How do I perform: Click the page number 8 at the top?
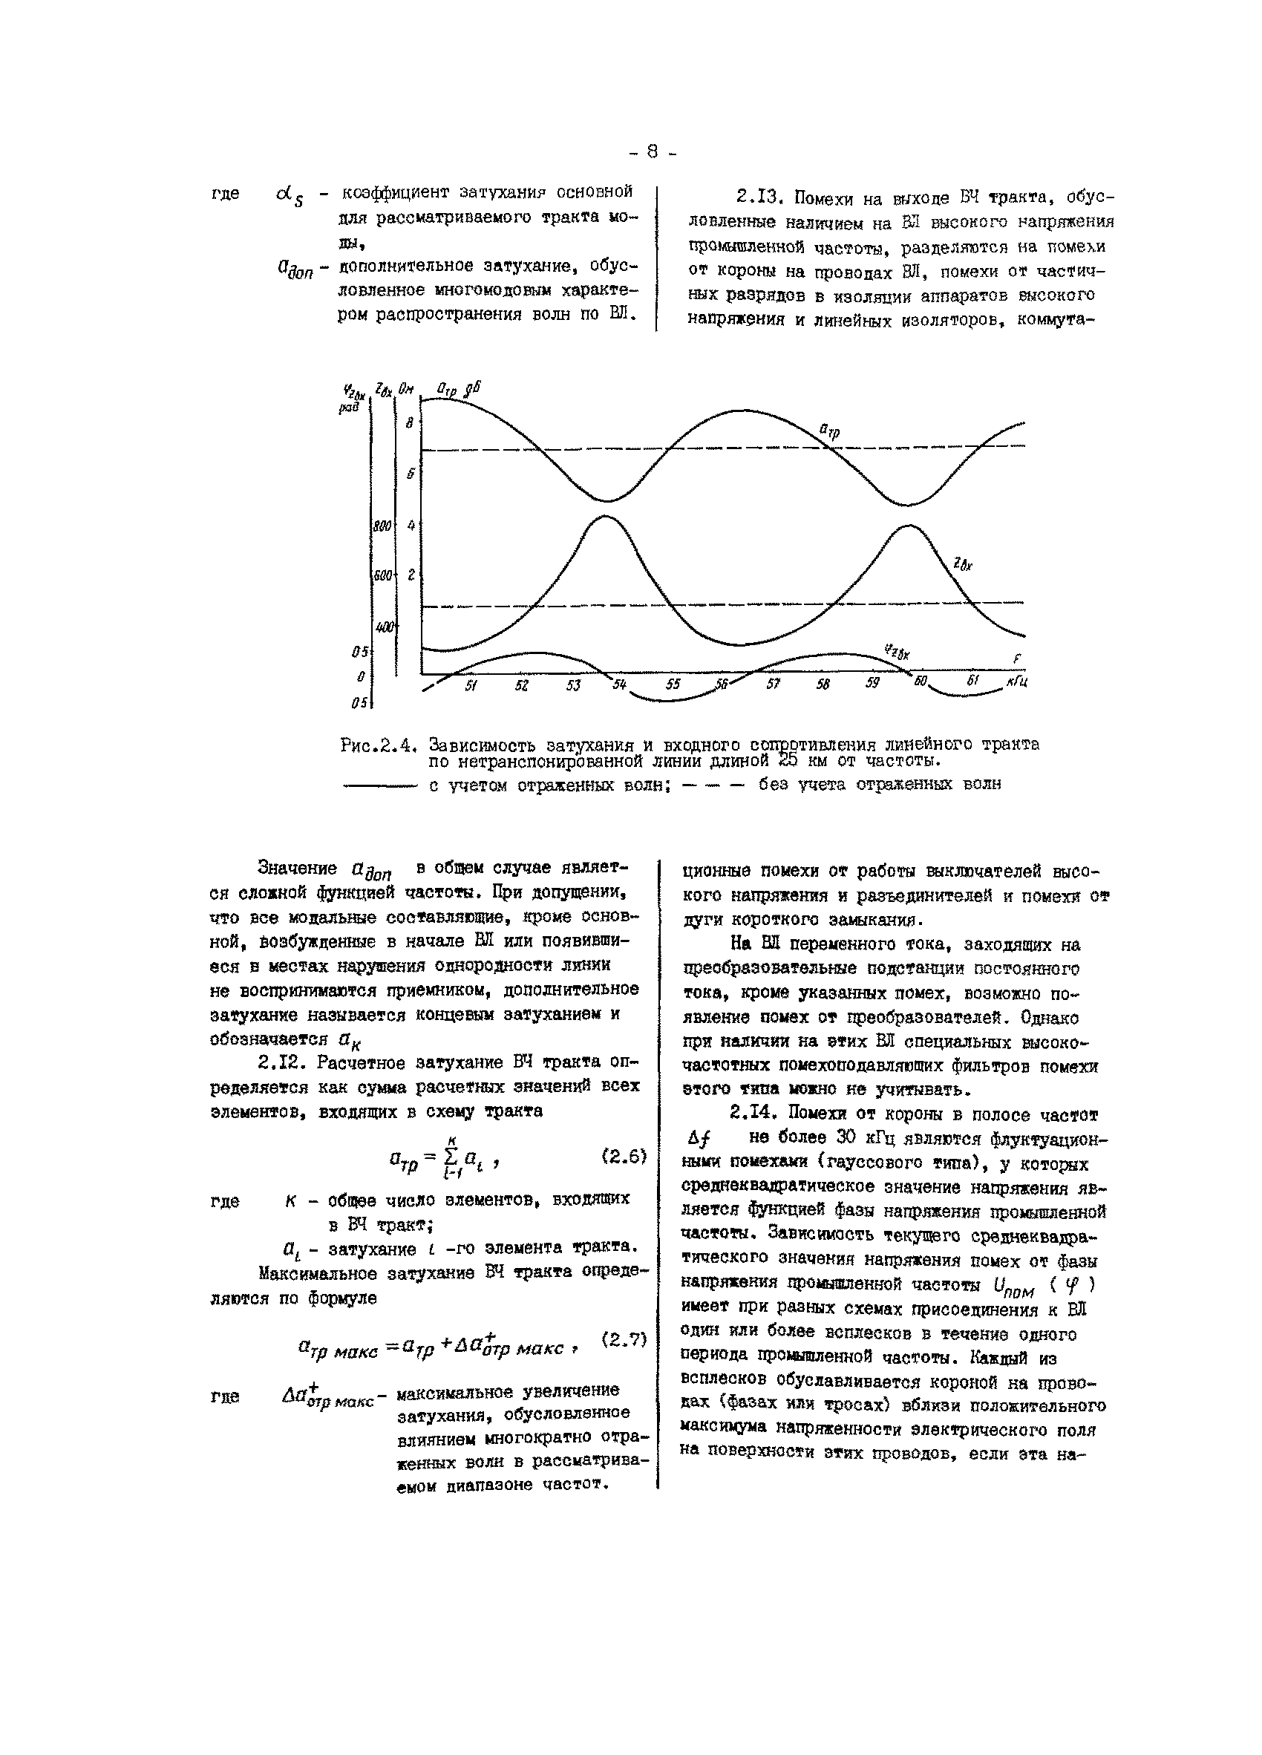[x=652, y=152]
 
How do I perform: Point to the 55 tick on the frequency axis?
[x=673, y=684]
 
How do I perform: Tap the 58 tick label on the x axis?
[x=823, y=684]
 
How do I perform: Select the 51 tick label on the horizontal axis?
[x=471, y=684]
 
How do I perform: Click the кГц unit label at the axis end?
[x=1017, y=682]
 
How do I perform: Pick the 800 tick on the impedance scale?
[x=382, y=526]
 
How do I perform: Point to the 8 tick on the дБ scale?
[x=410, y=422]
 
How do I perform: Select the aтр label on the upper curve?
[x=828, y=432]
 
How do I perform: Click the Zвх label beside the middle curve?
[x=963, y=564]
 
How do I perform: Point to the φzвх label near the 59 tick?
[x=898, y=652]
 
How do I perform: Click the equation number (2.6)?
[x=624, y=1156]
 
